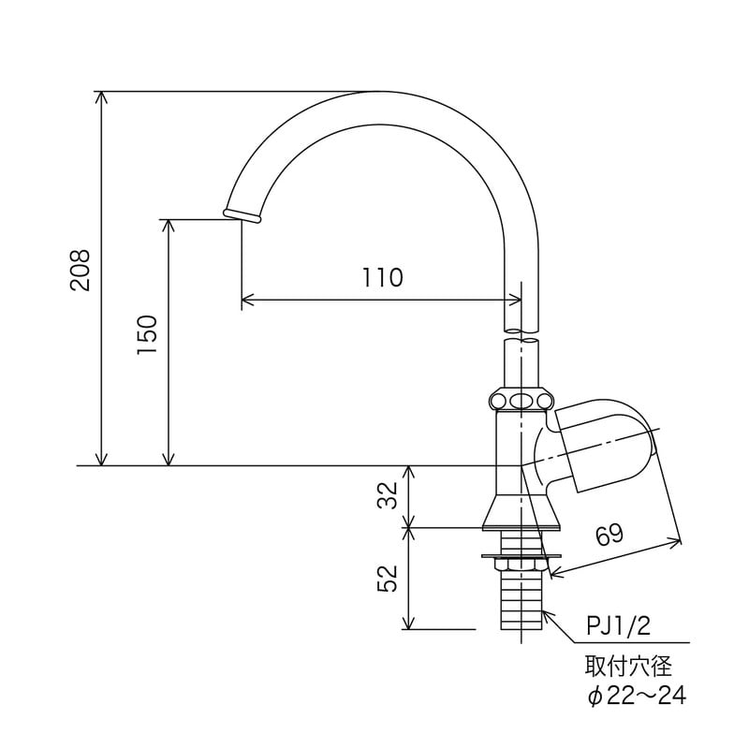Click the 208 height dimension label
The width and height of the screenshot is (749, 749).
click(81, 271)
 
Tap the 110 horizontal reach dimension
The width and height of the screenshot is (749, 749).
click(382, 278)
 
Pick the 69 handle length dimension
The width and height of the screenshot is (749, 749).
click(608, 536)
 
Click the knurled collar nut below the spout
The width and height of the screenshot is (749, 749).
click(521, 401)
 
